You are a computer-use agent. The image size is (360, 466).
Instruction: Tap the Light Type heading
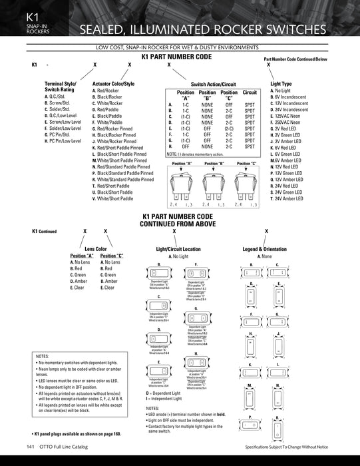(281, 84)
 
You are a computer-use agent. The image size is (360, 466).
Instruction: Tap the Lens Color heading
(96, 248)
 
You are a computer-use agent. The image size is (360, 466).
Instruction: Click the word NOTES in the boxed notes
(42, 357)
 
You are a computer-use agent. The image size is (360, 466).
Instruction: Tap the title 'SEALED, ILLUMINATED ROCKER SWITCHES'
(202, 30)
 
